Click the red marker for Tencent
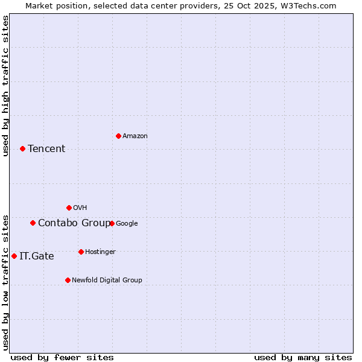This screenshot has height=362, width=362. pyautogui.click(x=22, y=148)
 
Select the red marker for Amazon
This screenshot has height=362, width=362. pyautogui.click(x=118, y=136)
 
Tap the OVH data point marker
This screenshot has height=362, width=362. pyautogui.click(x=69, y=208)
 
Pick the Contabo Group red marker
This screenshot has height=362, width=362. pyautogui.click(x=33, y=223)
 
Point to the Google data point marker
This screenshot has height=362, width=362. pyautogui.click(x=112, y=223)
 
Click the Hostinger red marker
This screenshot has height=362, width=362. pyautogui.click(x=81, y=252)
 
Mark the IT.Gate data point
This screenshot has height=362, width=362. pyautogui.click(x=14, y=256)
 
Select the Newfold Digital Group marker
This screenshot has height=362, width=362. pyautogui.click(x=68, y=280)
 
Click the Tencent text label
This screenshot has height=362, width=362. pyautogui.click(x=46, y=148)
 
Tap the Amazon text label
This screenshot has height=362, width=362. pyautogui.click(x=135, y=136)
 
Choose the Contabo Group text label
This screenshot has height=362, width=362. pyautogui.click(x=74, y=223)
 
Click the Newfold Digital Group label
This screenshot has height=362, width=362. pyautogui.click(x=107, y=280)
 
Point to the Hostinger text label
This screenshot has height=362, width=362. pyautogui.click(x=100, y=252)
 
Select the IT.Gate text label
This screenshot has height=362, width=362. pyautogui.click(x=37, y=256)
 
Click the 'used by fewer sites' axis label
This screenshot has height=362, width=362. pyautogui.click(x=62, y=357)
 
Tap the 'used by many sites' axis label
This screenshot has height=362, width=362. pyautogui.click(x=303, y=357)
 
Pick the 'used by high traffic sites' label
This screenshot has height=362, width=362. pyautogui.click(x=5, y=86)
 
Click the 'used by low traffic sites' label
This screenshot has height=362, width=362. pyautogui.click(x=5, y=282)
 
